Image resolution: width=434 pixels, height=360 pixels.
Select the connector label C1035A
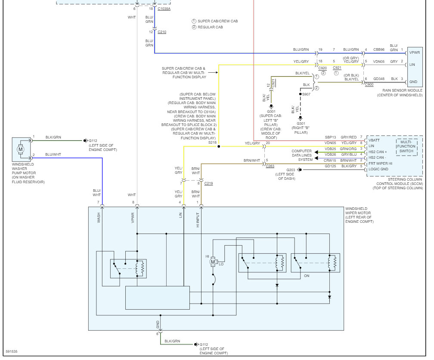click(x=164, y=9)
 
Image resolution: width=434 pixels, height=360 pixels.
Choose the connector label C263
click(x=270, y=166)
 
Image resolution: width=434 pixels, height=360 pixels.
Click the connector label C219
click(x=208, y=184)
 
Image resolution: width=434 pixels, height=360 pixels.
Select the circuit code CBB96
click(x=378, y=50)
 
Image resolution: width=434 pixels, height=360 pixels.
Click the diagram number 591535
click(x=12, y=351)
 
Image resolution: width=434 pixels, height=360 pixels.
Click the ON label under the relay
click(x=307, y=276)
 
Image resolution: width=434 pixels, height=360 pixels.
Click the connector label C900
click(x=369, y=85)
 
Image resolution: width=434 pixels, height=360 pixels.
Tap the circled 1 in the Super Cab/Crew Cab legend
click(x=194, y=21)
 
